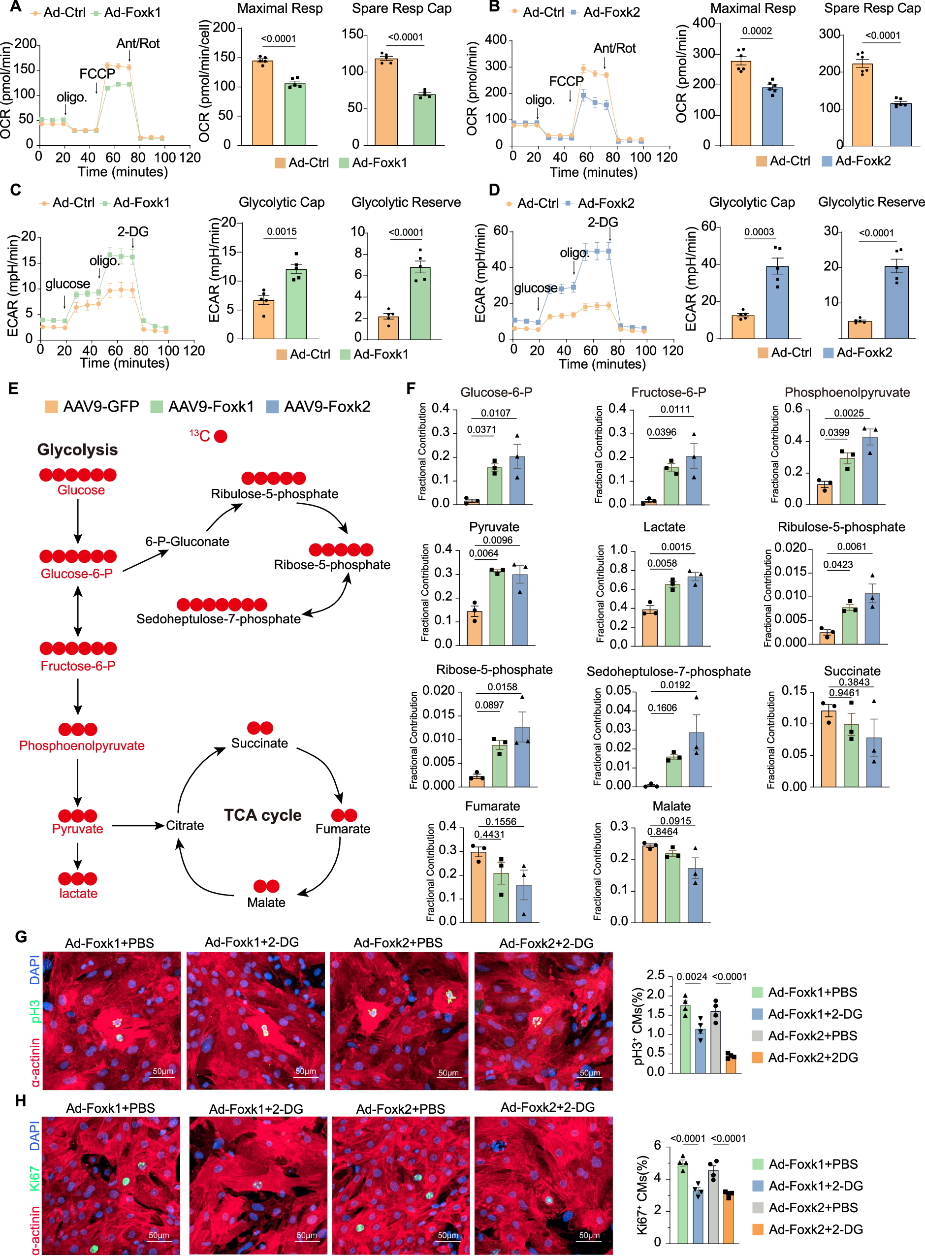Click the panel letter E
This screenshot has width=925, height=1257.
(x=13, y=388)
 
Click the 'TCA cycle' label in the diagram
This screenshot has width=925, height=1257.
(x=262, y=815)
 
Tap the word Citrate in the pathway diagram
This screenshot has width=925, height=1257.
(x=185, y=825)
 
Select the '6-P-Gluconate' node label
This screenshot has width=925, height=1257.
(x=187, y=542)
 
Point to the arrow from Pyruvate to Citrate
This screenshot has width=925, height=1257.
(x=137, y=825)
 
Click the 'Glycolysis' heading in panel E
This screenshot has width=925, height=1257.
(x=77, y=450)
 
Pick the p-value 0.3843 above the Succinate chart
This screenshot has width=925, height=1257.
(x=854, y=682)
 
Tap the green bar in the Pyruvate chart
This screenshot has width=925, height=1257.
(x=497, y=607)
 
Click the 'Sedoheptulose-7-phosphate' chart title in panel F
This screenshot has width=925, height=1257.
(x=669, y=671)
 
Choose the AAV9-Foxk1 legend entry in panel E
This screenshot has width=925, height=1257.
(x=201, y=407)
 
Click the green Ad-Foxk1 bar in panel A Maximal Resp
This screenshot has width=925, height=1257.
(x=294, y=114)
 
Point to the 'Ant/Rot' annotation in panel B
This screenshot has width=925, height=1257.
(x=614, y=48)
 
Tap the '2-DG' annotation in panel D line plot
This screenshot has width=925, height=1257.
(x=603, y=222)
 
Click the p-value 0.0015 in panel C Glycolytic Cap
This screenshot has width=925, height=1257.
(x=282, y=231)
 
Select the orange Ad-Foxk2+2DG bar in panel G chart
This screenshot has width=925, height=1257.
(x=731, y=1064)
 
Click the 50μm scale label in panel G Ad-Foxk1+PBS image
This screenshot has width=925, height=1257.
(x=163, y=1071)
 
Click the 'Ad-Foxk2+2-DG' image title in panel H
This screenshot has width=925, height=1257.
(x=547, y=1107)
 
